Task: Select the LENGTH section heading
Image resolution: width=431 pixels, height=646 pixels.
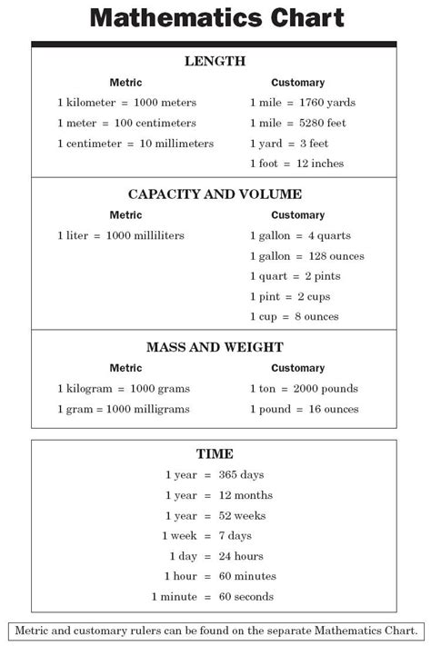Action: pos(215,61)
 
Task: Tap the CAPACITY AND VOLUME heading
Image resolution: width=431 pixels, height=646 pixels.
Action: pos(215,194)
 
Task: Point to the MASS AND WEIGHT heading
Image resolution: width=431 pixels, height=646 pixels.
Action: pos(215,346)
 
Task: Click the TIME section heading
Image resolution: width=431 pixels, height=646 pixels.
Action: pos(215,452)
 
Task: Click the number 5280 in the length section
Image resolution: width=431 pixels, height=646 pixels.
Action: pos(311,123)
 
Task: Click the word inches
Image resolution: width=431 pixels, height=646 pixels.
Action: pos(325,164)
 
